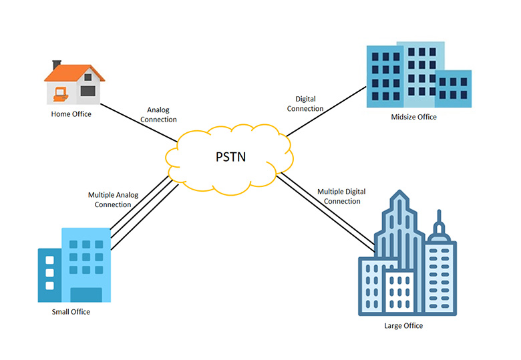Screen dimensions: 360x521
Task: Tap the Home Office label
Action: click(71, 114)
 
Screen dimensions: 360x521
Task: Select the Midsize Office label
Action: click(413, 117)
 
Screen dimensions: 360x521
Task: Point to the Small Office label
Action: click(71, 312)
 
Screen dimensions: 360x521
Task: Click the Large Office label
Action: click(403, 326)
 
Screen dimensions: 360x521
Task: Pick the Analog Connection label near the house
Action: click(161, 115)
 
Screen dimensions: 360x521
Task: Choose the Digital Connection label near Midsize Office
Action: click(305, 104)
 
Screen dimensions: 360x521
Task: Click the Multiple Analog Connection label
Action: click(113, 200)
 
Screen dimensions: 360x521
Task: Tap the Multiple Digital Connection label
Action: click(339, 196)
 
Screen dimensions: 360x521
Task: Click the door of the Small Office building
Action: click(86, 295)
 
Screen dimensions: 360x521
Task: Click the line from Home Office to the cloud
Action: click(140, 124)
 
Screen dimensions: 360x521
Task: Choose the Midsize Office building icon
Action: click(417, 75)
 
